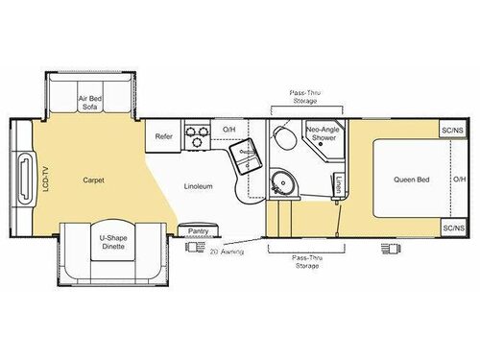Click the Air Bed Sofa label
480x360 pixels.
pos(90,103)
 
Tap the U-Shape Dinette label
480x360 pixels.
pos(113,242)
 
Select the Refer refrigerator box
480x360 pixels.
pos(163,136)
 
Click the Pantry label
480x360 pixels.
pos(198,231)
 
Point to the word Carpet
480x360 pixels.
pos(93,180)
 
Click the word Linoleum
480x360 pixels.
pos(198,186)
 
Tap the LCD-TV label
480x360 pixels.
pos(46,180)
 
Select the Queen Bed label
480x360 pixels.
pos(412,180)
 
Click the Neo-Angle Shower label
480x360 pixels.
pos(324,133)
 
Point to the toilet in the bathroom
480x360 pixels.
pos(285,137)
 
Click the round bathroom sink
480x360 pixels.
pos(283,182)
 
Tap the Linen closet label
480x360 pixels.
pos(339,184)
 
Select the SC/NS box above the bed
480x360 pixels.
pos(452,130)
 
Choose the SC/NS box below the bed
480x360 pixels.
pos(453,228)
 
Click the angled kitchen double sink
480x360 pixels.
pos(246,156)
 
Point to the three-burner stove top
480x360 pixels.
pos(197,135)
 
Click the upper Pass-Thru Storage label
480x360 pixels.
pos(305,97)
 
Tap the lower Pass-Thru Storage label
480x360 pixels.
pos(307,262)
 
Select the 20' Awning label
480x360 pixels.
pos(227,252)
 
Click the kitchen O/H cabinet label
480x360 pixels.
pos(229,130)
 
